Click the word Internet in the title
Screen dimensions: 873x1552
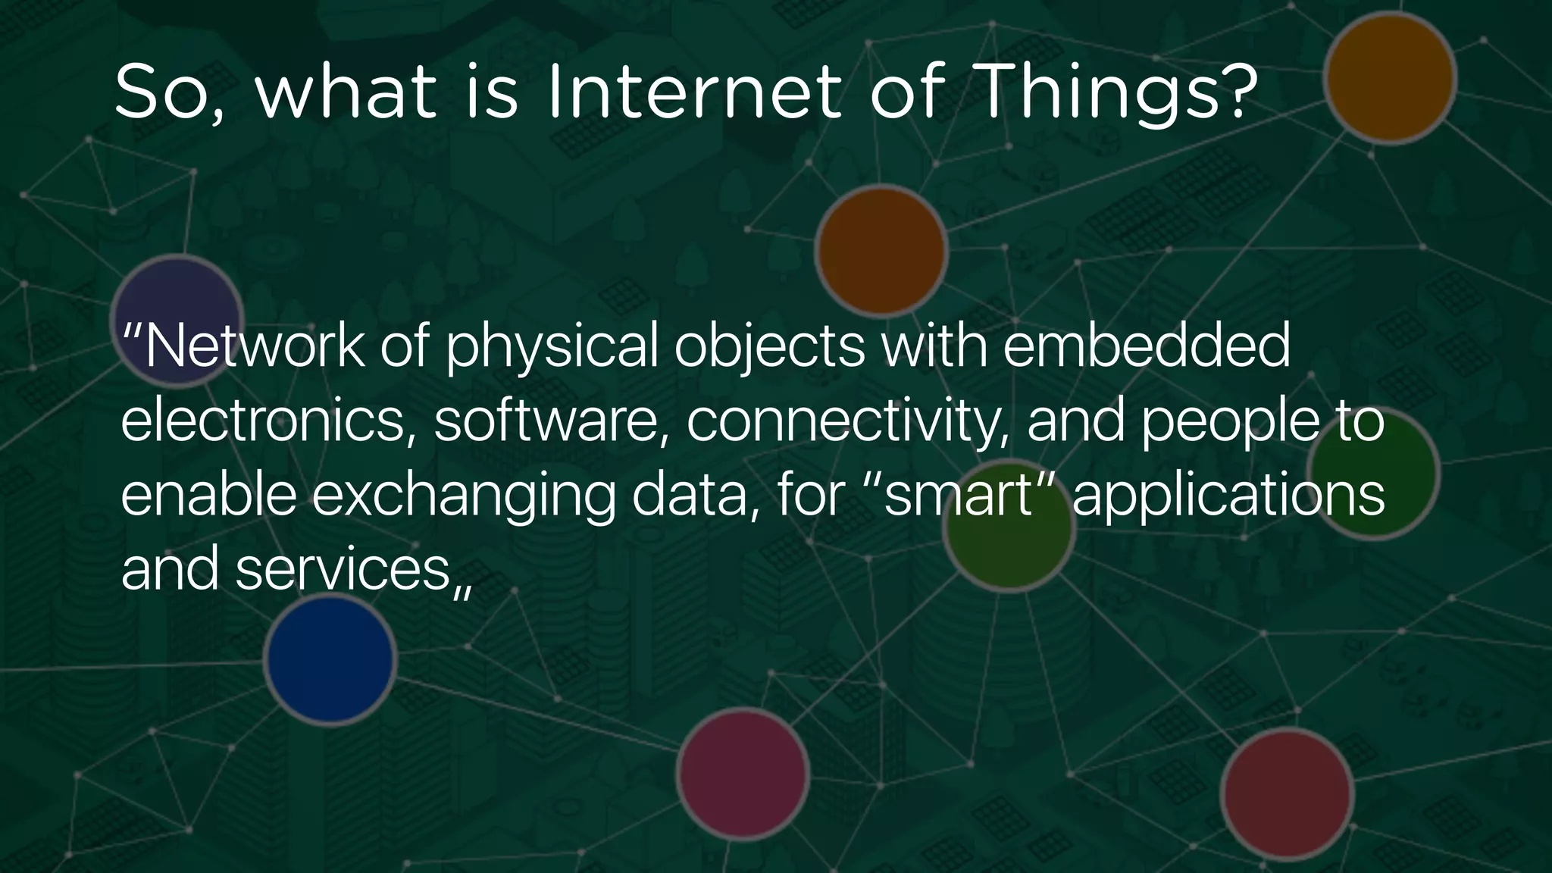pos(693,92)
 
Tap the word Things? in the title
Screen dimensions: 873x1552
pos(1119,92)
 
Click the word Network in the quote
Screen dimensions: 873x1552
pos(254,346)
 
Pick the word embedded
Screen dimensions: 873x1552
pos(1147,346)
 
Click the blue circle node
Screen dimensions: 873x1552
pos(330,659)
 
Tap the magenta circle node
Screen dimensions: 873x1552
pos(743,773)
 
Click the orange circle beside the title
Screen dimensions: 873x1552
pos(1390,77)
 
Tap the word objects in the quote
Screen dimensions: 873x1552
pos(769,347)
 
